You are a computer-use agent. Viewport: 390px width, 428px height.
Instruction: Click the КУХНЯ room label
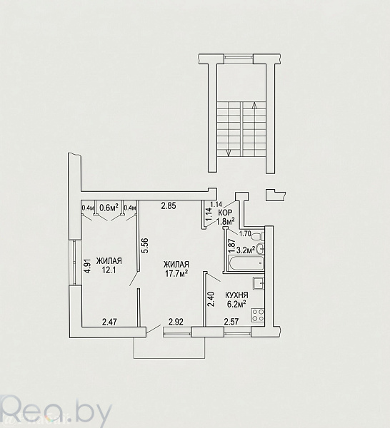[236, 295]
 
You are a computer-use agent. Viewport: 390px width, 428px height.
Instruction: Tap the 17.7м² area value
[176, 273]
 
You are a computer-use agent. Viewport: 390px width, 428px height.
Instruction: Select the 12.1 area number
[109, 270]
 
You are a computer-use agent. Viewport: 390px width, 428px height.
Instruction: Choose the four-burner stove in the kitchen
[258, 315]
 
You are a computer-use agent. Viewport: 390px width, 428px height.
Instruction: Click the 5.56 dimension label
[146, 245]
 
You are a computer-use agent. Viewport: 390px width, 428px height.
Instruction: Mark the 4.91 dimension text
[87, 266]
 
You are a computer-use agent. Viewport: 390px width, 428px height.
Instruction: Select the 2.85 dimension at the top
[169, 206]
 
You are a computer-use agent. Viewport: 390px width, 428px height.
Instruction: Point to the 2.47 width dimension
[109, 322]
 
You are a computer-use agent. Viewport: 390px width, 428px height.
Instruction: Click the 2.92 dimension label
[176, 322]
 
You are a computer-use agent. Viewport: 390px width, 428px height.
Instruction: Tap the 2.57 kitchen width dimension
[231, 322]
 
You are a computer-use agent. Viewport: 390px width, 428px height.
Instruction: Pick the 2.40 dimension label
[211, 300]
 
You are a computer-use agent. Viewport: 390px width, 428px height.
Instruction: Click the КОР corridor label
[226, 213]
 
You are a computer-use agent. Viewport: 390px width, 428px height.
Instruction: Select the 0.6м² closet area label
[109, 208]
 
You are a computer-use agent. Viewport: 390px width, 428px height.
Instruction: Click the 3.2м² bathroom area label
[246, 250]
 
